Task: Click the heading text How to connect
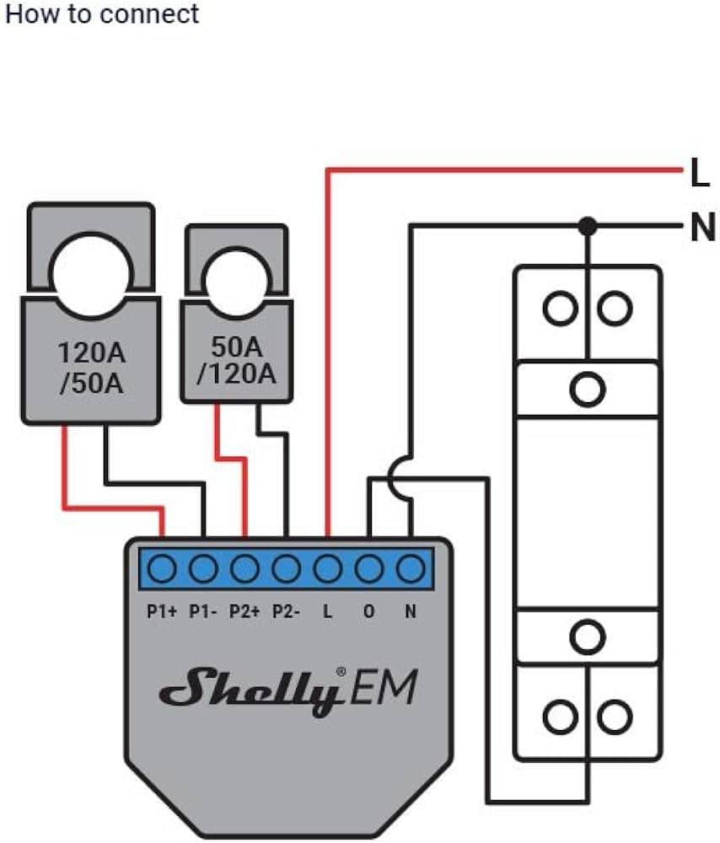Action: point(102,14)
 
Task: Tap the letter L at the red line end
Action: point(699,175)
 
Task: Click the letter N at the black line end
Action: point(701,228)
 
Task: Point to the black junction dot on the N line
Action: point(588,226)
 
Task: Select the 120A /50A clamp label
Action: point(91,368)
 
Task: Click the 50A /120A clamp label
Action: point(237,361)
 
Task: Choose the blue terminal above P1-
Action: point(203,569)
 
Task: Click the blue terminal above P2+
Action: point(244,569)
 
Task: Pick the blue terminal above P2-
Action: point(286,569)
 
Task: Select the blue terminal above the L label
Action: point(327,569)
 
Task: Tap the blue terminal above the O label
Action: point(368,569)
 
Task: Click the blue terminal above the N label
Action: point(410,569)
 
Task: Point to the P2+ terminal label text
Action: point(244,612)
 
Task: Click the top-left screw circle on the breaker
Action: point(559,309)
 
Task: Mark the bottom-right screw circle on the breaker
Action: point(615,719)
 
